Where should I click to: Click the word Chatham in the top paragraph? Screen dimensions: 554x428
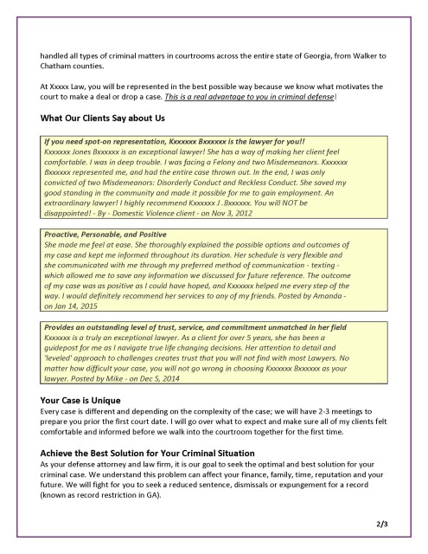(58, 67)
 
